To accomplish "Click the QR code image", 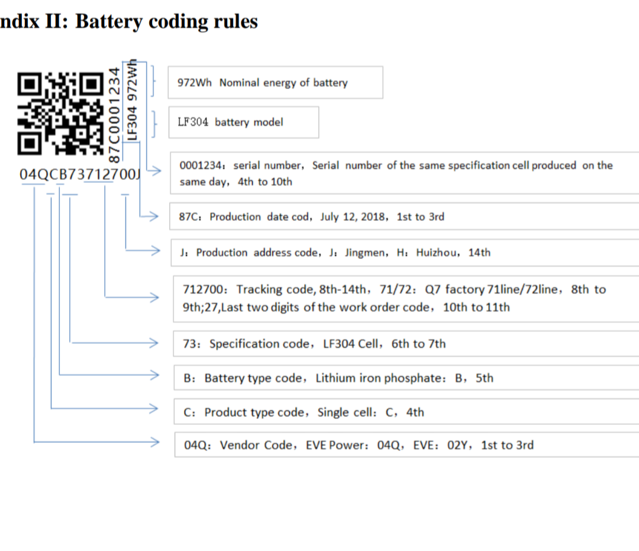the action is click(60, 114).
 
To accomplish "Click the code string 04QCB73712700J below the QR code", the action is click(80, 175).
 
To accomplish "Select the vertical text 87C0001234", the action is click(115, 116).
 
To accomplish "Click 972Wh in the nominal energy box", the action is click(195, 83).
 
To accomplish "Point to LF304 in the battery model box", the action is click(193, 122).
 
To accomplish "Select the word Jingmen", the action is click(365, 253).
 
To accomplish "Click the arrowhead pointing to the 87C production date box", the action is click(154, 216).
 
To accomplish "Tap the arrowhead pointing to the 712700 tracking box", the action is click(154, 297).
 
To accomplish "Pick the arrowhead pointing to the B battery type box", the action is click(154, 375).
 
